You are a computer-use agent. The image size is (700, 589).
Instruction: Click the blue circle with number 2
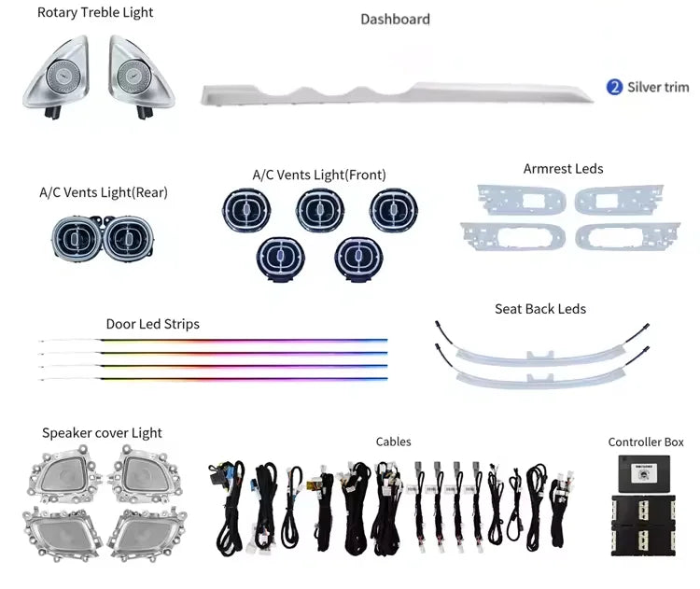point(614,87)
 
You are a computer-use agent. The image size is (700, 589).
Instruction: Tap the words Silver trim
point(658,87)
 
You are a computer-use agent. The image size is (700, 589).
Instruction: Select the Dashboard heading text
point(395,20)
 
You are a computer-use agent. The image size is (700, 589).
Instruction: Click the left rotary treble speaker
point(57,77)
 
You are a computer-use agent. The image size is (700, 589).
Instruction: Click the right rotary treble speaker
point(140,77)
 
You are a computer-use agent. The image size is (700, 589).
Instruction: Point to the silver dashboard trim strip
point(397,94)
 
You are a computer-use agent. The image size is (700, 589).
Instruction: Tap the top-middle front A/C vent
point(319,209)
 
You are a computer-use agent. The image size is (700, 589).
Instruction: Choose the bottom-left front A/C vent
point(280,259)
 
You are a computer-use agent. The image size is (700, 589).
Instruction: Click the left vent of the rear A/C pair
point(77,238)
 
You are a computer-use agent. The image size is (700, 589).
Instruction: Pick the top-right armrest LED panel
point(619,199)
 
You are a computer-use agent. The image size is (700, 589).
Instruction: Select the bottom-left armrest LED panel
point(513,236)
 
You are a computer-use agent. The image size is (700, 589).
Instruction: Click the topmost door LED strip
point(214,341)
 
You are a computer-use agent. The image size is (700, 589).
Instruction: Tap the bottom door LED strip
point(214,379)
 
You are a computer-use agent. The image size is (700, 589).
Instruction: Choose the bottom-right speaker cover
point(147,534)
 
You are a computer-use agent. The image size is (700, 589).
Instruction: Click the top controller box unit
point(644,474)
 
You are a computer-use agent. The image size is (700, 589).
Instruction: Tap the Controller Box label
point(646,442)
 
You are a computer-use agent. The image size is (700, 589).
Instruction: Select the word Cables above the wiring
point(393,442)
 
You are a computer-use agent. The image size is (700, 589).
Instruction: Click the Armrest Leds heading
point(563,169)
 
